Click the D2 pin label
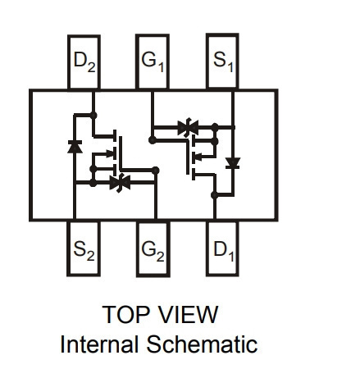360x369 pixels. [84, 61]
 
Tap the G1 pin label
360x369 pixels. [153, 62]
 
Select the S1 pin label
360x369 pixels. [223, 62]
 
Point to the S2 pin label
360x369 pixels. [84, 251]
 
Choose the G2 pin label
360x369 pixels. [153, 251]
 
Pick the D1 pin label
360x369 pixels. [224, 251]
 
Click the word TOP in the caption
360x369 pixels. [127, 314]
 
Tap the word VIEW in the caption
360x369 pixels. [189, 314]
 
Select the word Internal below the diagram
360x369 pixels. [98, 344]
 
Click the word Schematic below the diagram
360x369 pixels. [202, 344]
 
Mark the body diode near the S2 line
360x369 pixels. [75, 147]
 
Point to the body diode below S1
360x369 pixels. [233, 163]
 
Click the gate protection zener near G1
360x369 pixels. [188, 127]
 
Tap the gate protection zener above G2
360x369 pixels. [120, 183]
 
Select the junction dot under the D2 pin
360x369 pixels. [93, 116]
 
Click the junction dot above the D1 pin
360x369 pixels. [215, 195]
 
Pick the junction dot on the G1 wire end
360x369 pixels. [153, 140]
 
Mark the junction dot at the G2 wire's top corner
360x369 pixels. [155, 171]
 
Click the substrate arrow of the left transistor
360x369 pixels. [110, 153]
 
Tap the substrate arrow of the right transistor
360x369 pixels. [198, 157]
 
